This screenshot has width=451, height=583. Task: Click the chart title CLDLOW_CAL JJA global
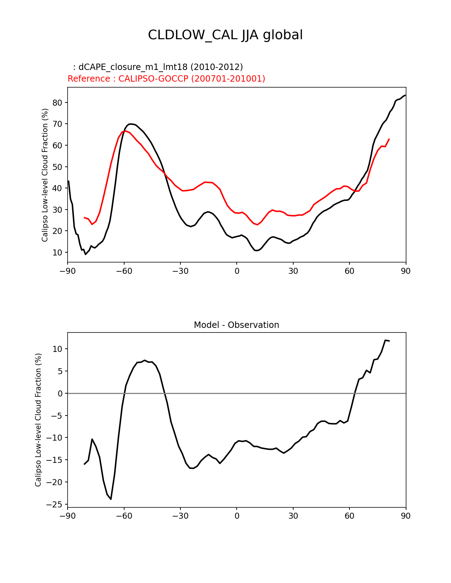(x=225, y=35)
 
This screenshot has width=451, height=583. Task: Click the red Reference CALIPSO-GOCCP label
(x=166, y=79)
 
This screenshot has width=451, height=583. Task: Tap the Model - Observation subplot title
(x=236, y=325)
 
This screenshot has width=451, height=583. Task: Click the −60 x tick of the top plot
(x=124, y=271)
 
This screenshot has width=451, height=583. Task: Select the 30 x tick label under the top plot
(x=293, y=271)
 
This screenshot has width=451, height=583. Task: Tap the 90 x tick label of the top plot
(x=406, y=271)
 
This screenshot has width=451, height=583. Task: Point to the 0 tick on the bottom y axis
(x=60, y=394)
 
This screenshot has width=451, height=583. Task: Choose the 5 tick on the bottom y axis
(x=60, y=371)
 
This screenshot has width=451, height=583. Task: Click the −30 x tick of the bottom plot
(x=180, y=516)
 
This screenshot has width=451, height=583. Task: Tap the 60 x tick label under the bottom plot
(x=349, y=516)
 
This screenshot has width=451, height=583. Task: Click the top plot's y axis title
(x=45, y=175)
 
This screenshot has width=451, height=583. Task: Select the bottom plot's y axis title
(x=38, y=420)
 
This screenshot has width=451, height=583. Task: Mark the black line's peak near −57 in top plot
(x=131, y=124)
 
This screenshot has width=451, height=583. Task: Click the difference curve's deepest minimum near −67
(x=111, y=499)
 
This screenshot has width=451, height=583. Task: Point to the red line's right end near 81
(x=389, y=139)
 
